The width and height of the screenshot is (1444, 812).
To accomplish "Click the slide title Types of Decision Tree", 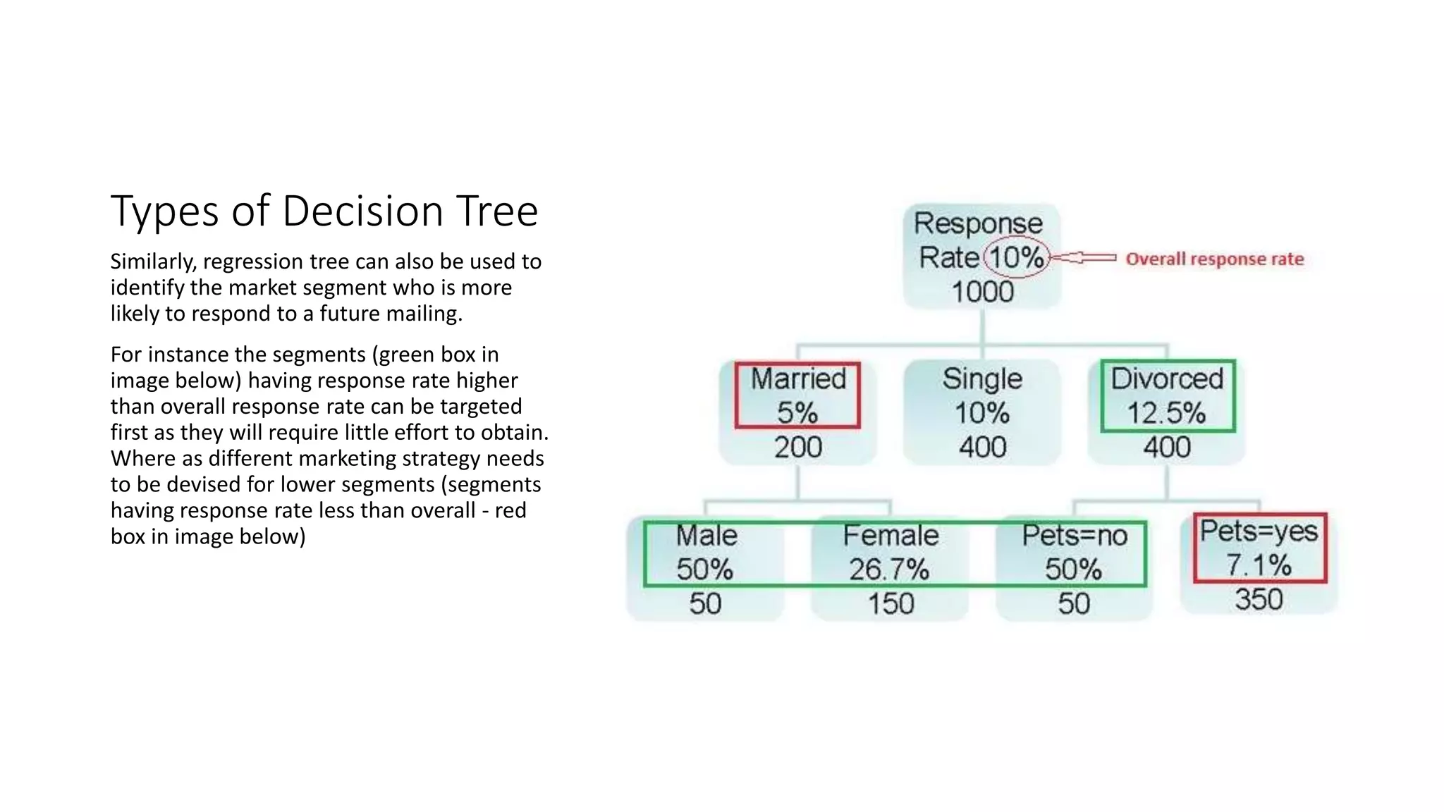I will (x=324, y=211).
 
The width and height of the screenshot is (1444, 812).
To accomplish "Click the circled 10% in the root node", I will (x=1016, y=257).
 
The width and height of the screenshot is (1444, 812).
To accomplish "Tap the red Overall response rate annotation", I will (x=1214, y=259).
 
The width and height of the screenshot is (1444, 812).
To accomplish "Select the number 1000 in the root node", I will (x=982, y=292).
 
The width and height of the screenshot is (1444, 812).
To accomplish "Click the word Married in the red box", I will (x=797, y=379).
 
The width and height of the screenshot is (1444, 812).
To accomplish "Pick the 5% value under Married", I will (x=797, y=412).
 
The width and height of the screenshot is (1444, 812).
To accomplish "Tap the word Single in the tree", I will (x=982, y=379).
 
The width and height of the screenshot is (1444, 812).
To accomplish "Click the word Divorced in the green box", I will (x=1167, y=379).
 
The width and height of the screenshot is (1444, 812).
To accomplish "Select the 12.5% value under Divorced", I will (x=1166, y=413).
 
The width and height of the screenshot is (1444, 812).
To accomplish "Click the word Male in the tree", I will (x=706, y=536).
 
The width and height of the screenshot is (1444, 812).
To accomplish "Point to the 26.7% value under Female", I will (x=889, y=570).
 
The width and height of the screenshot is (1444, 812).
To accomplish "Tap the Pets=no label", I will (x=1075, y=536).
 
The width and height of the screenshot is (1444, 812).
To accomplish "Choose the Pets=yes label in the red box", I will (x=1259, y=531).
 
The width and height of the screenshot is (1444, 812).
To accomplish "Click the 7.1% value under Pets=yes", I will (x=1259, y=565).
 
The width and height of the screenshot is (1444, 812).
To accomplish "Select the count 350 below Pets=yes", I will (x=1259, y=599).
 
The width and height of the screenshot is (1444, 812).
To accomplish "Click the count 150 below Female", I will (x=891, y=603).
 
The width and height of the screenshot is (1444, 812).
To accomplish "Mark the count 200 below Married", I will (x=797, y=447).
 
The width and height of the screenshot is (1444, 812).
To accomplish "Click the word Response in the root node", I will (x=978, y=223).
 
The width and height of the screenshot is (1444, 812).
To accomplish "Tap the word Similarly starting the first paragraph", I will (x=152, y=262).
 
